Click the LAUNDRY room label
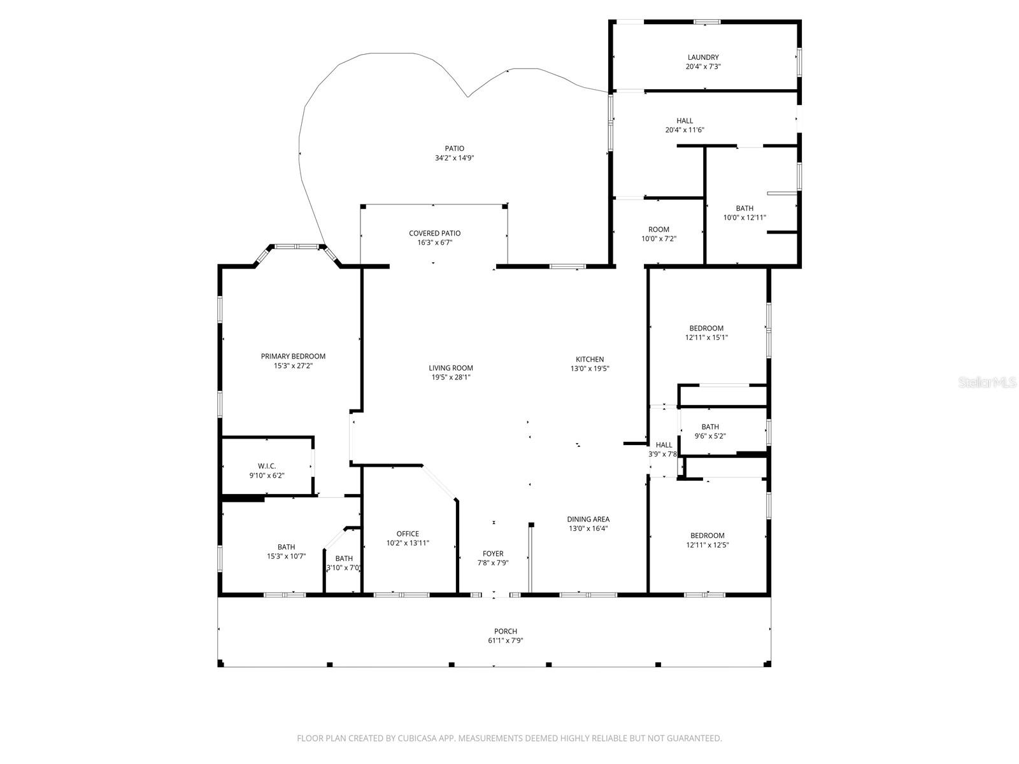coord(703,57)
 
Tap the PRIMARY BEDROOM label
coord(293,357)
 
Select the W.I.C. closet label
coord(266,466)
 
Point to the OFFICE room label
coord(408,534)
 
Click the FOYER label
coord(493,554)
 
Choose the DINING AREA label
coord(588,520)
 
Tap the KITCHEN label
coord(590,360)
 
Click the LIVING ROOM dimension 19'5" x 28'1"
coord(451,378)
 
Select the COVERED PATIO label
coord(434,234)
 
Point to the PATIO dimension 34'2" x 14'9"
coord(455,159)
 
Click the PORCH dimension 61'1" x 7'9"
coord(506,641)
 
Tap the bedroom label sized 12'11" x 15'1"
coord(706,329)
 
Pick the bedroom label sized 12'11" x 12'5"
coord(707,535)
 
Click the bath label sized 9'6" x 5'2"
coord(710,427)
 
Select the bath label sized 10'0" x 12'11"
coord(745,208)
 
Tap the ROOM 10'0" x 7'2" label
coord(659,230)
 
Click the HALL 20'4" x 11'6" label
coord(685,121)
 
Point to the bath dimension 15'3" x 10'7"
coord(286,556)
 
